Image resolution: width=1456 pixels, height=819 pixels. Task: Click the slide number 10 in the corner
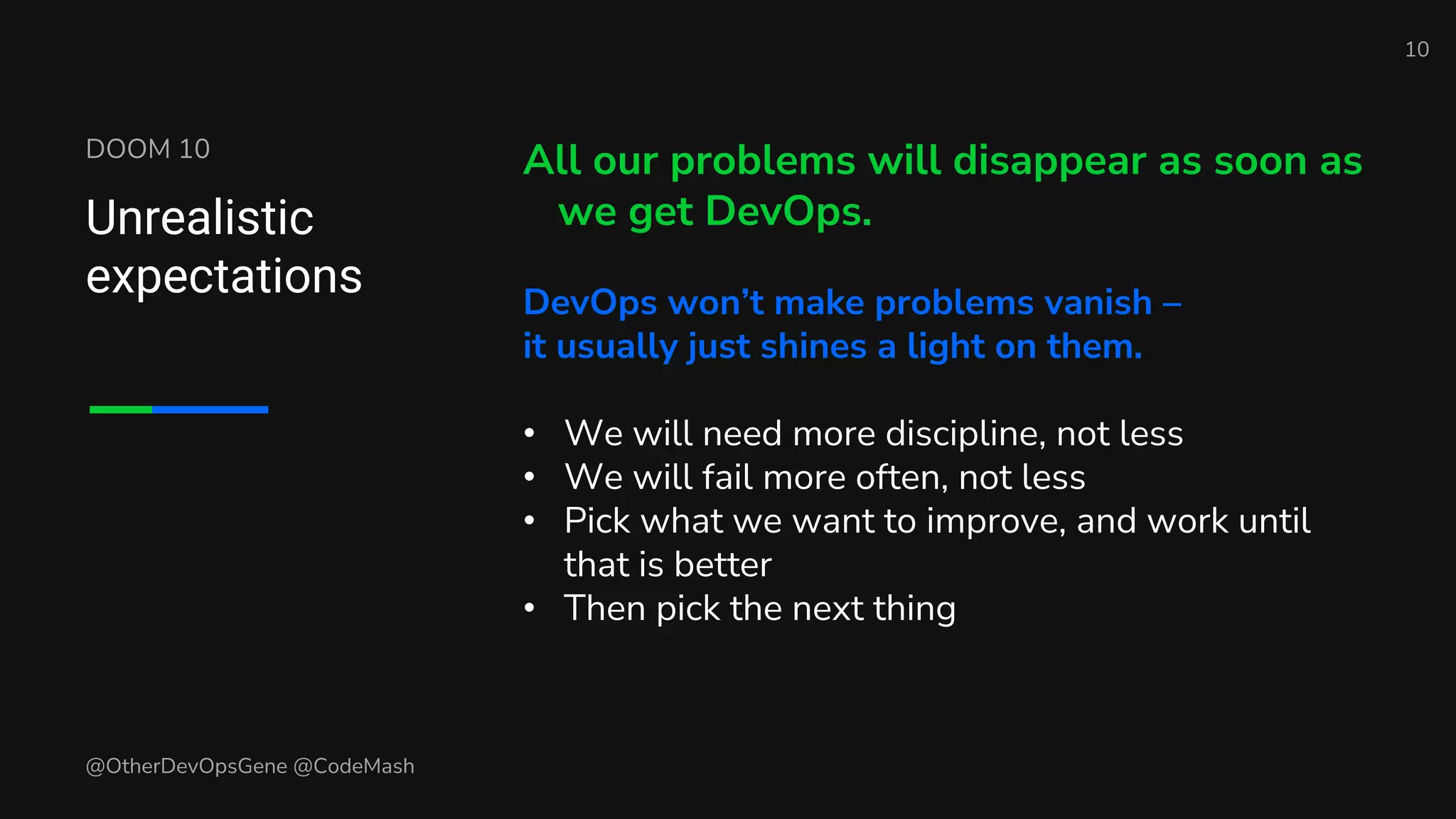(x=1416, y=50)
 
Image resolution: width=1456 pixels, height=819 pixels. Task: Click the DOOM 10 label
(x=148, y=149)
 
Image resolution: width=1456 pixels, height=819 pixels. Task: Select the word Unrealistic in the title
(x=200, y=218)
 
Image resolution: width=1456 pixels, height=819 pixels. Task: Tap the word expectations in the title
(x=224, y=277)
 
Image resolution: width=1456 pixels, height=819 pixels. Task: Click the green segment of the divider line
(x=121, y=409)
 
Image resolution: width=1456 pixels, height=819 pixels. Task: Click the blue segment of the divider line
(x=210, y=409)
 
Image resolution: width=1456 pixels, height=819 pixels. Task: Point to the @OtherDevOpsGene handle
(x=186, y=766)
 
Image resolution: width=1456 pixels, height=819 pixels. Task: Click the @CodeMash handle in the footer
(x=353, y=766)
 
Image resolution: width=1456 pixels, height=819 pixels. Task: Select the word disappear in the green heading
(x=1049, y=161)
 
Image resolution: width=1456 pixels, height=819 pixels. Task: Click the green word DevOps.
(x=788, y=212)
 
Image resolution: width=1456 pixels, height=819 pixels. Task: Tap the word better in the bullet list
(x=722, y=565)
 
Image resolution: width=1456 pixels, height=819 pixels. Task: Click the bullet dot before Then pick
(x=529, y=609)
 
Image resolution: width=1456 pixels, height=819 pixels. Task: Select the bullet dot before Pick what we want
(x=529, y=521)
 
